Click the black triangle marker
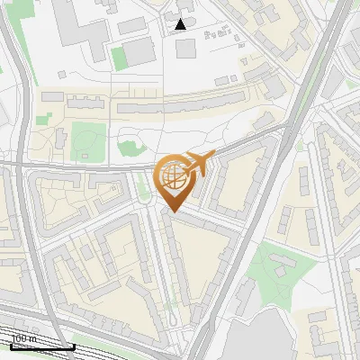point(181,24)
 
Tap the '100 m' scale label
point(23,338)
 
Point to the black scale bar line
point(41,346)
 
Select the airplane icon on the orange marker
point(199,163)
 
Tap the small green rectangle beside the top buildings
point(119,58)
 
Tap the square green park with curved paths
point(88,140)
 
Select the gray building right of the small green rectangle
point(139,53)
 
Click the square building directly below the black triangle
point(185,48)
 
